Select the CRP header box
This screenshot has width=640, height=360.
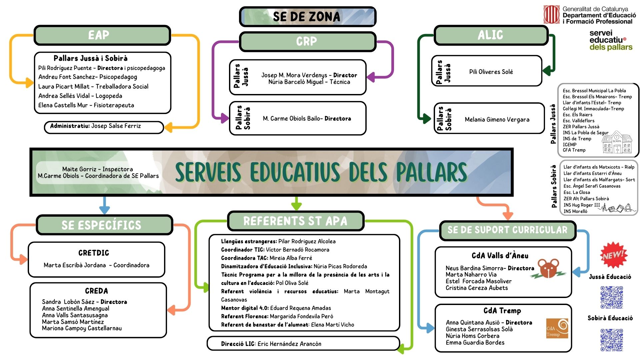click(307, 42)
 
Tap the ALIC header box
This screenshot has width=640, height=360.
click(491, 35)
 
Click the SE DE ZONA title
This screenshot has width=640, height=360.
click(307, 17)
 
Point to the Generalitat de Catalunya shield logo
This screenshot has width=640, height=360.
click(551, 15)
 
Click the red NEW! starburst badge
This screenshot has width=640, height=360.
click(613, 255)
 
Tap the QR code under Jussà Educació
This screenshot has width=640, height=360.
click(611, 297)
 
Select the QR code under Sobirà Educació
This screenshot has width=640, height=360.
click(611, 340)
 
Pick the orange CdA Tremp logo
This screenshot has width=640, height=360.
click(557, 328)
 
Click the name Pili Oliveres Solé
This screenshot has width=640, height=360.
click(491, 72)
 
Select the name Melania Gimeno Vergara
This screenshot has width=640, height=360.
click(497, 119)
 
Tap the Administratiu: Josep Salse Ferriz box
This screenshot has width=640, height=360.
click(104, 126)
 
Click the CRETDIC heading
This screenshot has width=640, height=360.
click(94, 253)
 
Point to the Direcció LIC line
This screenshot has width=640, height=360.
click(271, 344)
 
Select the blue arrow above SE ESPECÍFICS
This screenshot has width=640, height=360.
click(104, 205)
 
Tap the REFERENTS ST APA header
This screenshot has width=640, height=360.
click(295, 221)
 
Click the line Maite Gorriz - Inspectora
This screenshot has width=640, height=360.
click(97, 169)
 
